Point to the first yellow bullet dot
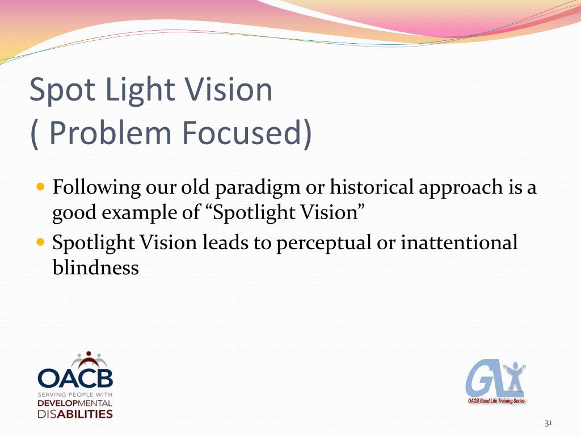click(x=40, y=186)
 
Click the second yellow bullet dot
click(x=40, y=241)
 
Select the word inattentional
click(x=459, y=243)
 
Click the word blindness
click(x=95, y=267)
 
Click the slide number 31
click(x=548, y=424)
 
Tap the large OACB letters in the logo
click(x=75, y=378)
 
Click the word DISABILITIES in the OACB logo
click(x=75, y=414)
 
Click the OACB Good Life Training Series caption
click(x=496, y=401)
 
